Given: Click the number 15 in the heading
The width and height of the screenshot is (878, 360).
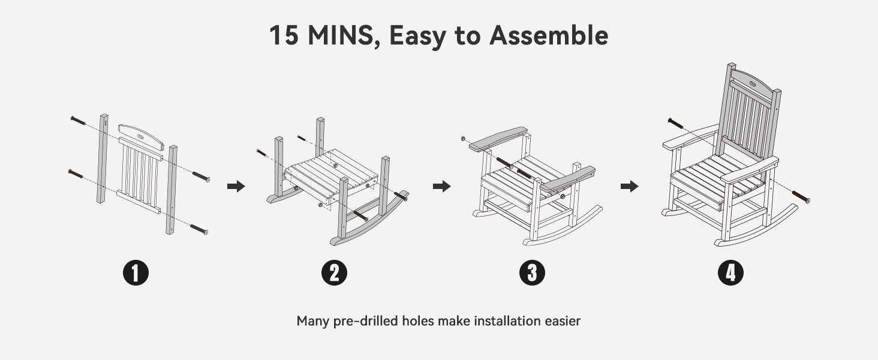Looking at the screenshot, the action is (x=284, y=35).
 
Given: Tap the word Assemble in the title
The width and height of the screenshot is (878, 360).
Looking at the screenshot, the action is (x=549, y=35).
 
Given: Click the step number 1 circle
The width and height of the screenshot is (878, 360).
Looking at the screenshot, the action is (x=136, y=272).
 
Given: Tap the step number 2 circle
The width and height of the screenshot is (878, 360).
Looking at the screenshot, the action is (x=334, y=272).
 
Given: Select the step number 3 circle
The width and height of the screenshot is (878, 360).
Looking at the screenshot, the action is (x=533, y=272).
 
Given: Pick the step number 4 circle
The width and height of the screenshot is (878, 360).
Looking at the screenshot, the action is (x=730, y=272).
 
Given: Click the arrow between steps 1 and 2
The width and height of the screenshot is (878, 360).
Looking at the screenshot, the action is (x=236, y=186).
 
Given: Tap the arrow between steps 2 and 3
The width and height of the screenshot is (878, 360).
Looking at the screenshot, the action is (x=442, y=186).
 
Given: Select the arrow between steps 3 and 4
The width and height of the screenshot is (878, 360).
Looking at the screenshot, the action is (x=630, y=186).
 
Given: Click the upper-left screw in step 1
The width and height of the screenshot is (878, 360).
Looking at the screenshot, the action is (x=79, y=121).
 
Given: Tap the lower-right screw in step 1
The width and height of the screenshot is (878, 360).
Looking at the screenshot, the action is (x=199, y=229).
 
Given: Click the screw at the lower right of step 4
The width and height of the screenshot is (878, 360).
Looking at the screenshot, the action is (x=801, y=196).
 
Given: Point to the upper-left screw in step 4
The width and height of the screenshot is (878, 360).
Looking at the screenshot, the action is (x=676, y=123).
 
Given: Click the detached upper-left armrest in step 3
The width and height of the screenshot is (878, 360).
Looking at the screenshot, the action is (x=498, y=139).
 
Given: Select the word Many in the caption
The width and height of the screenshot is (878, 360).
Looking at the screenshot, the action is (x=312, y=321).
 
